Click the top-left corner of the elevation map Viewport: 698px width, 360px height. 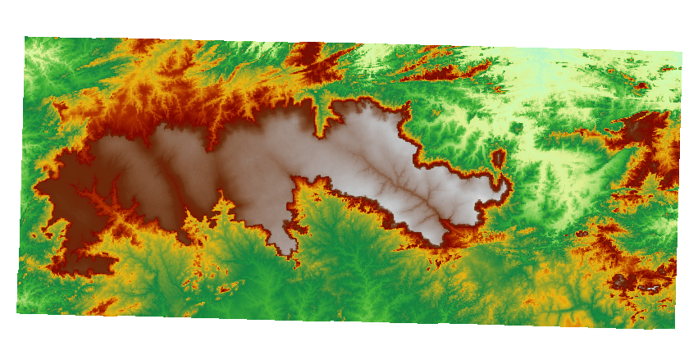point(25,38)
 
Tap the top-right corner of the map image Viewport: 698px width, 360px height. point(682,51)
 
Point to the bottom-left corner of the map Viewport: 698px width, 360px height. point(17,312)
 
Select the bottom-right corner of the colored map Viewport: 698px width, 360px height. point(674,327)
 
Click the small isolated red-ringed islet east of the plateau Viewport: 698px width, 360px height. point(498,157)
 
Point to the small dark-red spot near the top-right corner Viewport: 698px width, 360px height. point(641,84)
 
